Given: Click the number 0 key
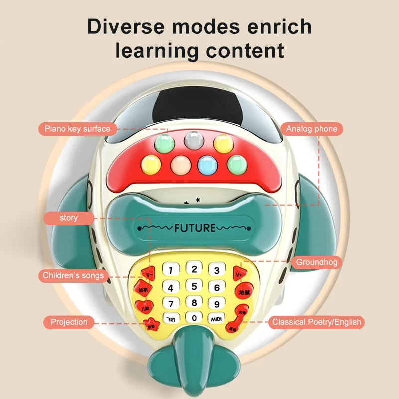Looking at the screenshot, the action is (x=194, y=317).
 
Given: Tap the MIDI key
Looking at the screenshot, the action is (x=216, y=318).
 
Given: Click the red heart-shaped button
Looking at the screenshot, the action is (x=144, y=306).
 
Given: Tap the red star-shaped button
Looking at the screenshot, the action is (x=151, y=324).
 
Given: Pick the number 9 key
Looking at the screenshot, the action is (x=216, y=303).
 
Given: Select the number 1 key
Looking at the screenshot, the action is (x=171, y=271).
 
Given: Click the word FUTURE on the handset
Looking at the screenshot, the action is (x=195, y=228).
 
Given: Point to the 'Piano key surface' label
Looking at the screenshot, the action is (x=77, y=129).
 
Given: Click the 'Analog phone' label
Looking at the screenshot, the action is (x=311, y=129).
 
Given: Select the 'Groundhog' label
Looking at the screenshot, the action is (x=317, y=262).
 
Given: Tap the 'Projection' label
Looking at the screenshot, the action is (x=69, y=322).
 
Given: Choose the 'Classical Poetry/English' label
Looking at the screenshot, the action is (x=316, y=322).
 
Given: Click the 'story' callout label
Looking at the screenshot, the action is (x=69, y=218).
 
